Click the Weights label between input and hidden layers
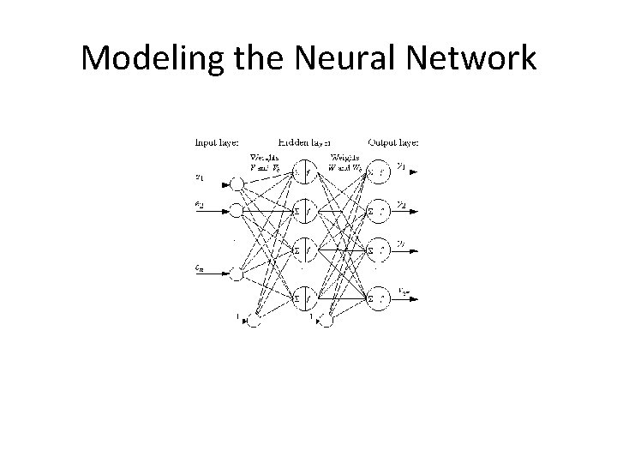(262, 162)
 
